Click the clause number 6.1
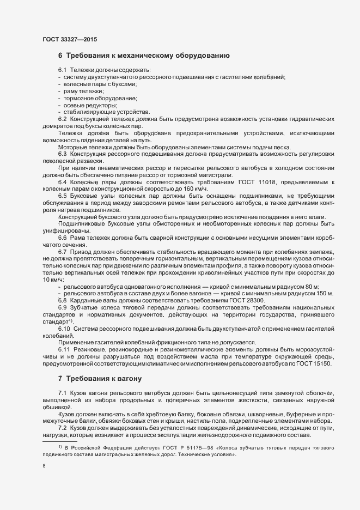click(62, 71)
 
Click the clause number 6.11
click(64, 349)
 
